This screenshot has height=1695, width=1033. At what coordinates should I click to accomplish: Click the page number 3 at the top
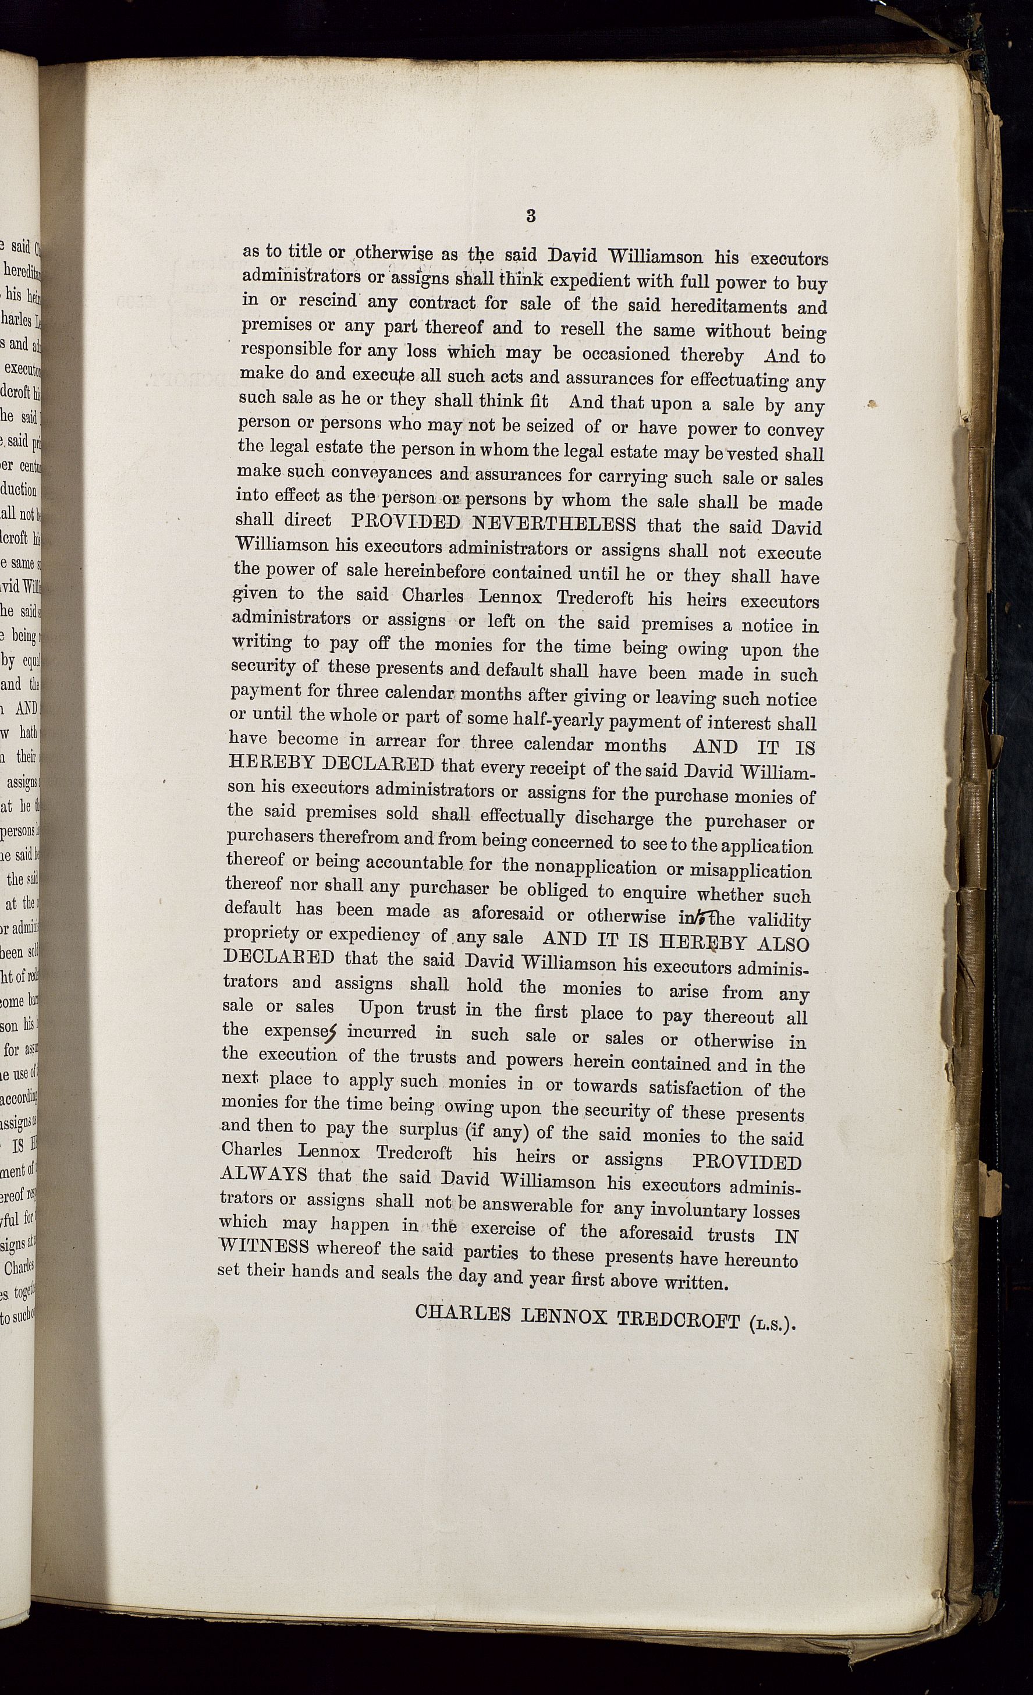tap(530, 215)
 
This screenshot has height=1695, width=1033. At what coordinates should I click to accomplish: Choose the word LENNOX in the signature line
tap(565, 1317)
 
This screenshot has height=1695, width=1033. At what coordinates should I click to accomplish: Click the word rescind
tap(326, 302)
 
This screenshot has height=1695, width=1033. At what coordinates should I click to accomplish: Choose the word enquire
tap(654, 893)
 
